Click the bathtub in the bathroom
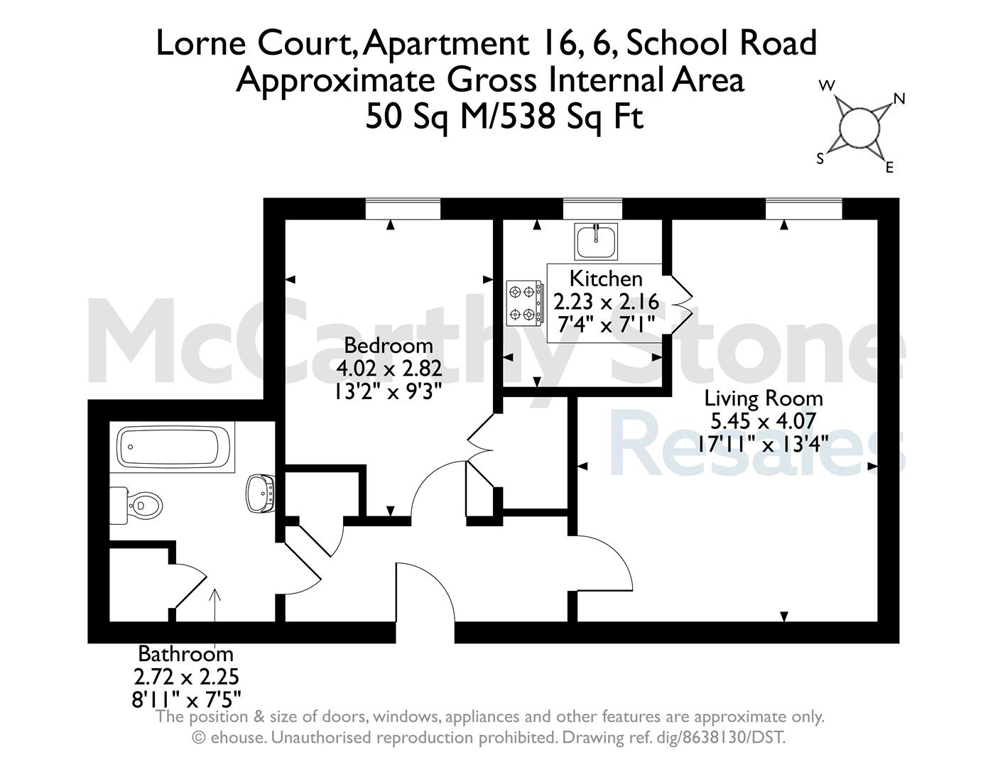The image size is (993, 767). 173,447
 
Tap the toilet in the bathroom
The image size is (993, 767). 136,506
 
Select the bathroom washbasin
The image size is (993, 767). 261,494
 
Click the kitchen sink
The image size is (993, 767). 596,241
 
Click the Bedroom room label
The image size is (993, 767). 388,345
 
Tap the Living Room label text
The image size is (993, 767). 763,398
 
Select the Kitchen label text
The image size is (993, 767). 606,278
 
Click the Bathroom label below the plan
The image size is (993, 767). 185,653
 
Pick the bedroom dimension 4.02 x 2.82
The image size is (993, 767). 389,368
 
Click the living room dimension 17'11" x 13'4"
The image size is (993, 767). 763,444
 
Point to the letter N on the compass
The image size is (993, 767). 899,98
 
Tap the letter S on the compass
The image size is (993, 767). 820,158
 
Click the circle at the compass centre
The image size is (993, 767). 859,127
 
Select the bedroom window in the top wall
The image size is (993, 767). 403,209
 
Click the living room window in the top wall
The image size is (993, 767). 804,209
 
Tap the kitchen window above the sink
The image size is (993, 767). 592,209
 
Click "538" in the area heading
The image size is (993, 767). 530,117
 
